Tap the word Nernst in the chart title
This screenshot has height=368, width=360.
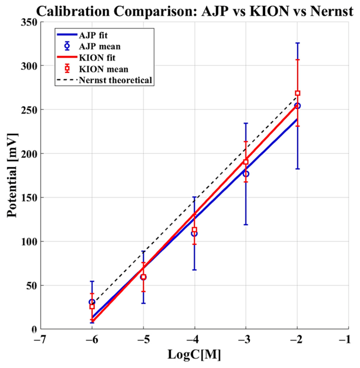point(332,11)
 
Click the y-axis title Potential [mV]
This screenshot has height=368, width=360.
point(12,176)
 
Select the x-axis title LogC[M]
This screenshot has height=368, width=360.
point(194,355)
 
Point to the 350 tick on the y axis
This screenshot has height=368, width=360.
point(29,22)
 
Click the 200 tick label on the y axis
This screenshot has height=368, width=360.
point(29,154)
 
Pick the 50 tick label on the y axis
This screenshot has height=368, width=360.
point(32,286)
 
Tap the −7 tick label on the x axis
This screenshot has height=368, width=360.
point(40,340)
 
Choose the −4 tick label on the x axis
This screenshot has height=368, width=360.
point(194,340)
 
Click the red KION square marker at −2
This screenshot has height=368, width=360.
point(298,93)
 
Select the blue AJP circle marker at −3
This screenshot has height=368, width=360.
point(246,174)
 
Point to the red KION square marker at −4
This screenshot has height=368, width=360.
point(194,229)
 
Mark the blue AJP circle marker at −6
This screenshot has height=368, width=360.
point(92,302)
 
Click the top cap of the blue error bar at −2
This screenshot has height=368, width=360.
point(298,43)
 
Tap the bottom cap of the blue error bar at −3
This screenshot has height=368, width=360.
point(246,225)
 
